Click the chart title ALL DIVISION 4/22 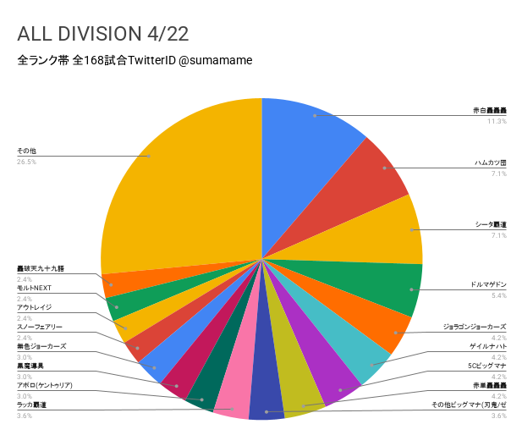(x=102, y=34)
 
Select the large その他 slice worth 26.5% (x=178, y=178)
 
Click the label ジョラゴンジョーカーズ (x=475, y=326)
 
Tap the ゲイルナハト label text (x=488, y=346)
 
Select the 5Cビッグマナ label (x=486, y=366)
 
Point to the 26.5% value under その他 (x=26, y=162)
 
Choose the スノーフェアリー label (x=40, y=327)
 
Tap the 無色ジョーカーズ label (x=41, y=346)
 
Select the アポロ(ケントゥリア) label (x=45, y=385)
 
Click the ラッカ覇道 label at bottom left (x=31, y=405)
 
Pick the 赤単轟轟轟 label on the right (x=487, y=385)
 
